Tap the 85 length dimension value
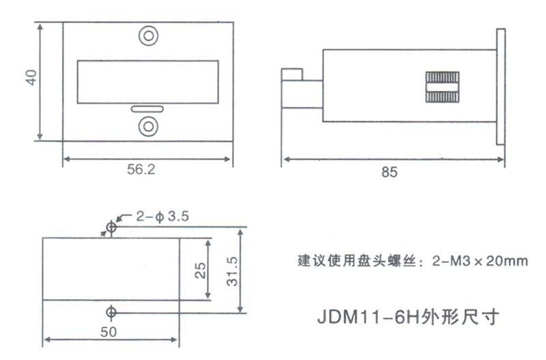pos(388,173)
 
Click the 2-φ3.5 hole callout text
pos(162,217)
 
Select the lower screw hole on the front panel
pos(147,126)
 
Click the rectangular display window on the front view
pos(147,80)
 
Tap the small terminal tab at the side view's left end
pos(293,74)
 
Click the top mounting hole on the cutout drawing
pos(111,227)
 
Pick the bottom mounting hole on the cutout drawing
pos(111,312)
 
